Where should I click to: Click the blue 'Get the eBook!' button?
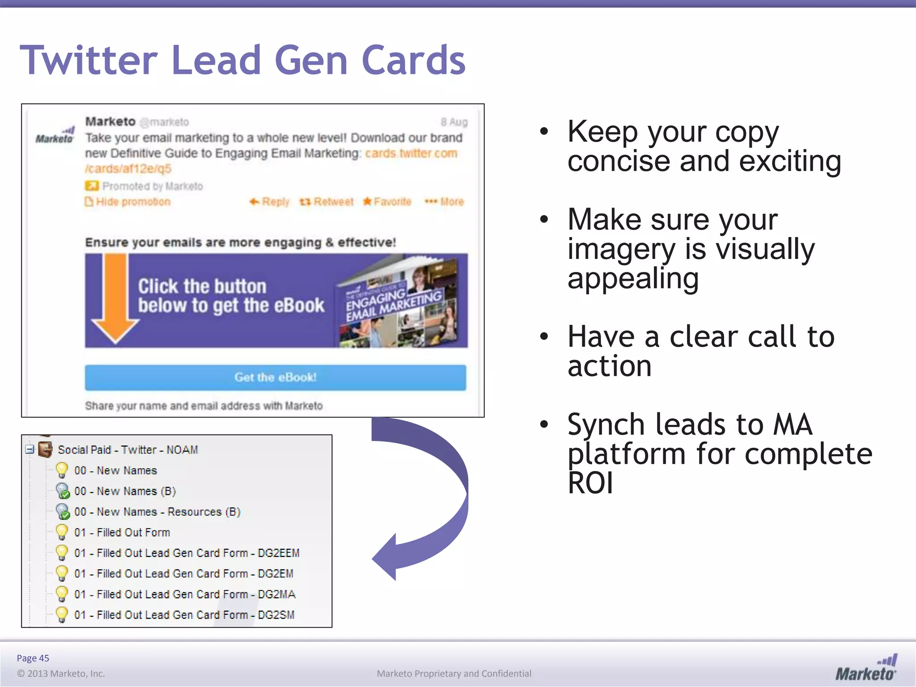coord(275,377)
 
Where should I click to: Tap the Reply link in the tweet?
coord(270,202)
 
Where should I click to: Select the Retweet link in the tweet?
coord(327,202)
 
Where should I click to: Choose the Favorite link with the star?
coord(387,202)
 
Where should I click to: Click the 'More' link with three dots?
coord(445,202)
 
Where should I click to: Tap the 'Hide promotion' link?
coord(128,202)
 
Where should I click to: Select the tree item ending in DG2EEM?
coord(187,553)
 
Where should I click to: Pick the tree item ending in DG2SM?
coord(184,615)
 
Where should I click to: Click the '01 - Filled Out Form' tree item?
coord(122,533)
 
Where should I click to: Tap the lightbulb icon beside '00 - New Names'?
coord(62,471)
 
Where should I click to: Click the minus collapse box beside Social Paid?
coord(30,450)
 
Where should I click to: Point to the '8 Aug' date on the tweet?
coord(454,122)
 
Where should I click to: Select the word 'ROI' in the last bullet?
coord(590,483)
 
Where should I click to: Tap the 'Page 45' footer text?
coord(33,658)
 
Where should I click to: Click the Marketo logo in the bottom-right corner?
coord(866,667)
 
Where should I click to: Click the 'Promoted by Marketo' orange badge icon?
coord(91,186)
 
